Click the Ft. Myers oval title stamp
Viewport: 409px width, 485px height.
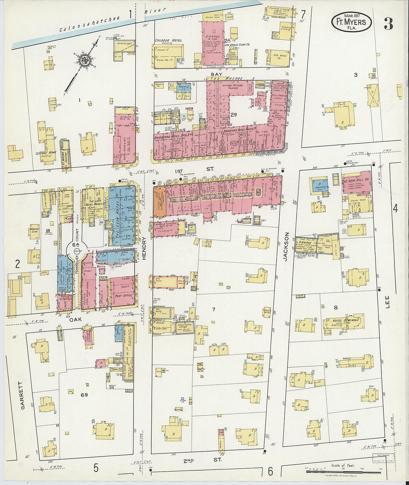pyautogui.click(x=351, y=22)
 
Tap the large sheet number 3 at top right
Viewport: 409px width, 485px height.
pyautogui.click(x=388, y=23)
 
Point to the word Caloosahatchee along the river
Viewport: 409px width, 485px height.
pyautogui.click(x=90, y=24)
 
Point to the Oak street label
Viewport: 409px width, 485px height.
pyautogui.click(x=75, y=319)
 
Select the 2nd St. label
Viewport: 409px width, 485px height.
pyautogui.click(x=202, y=460)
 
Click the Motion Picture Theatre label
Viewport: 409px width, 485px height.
pyautogui.click(x=232, y=87)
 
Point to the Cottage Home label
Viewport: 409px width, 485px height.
pyautogui.click(x=45, y=153)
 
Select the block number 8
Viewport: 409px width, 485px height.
pyautogui.click(x=336, y=307)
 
